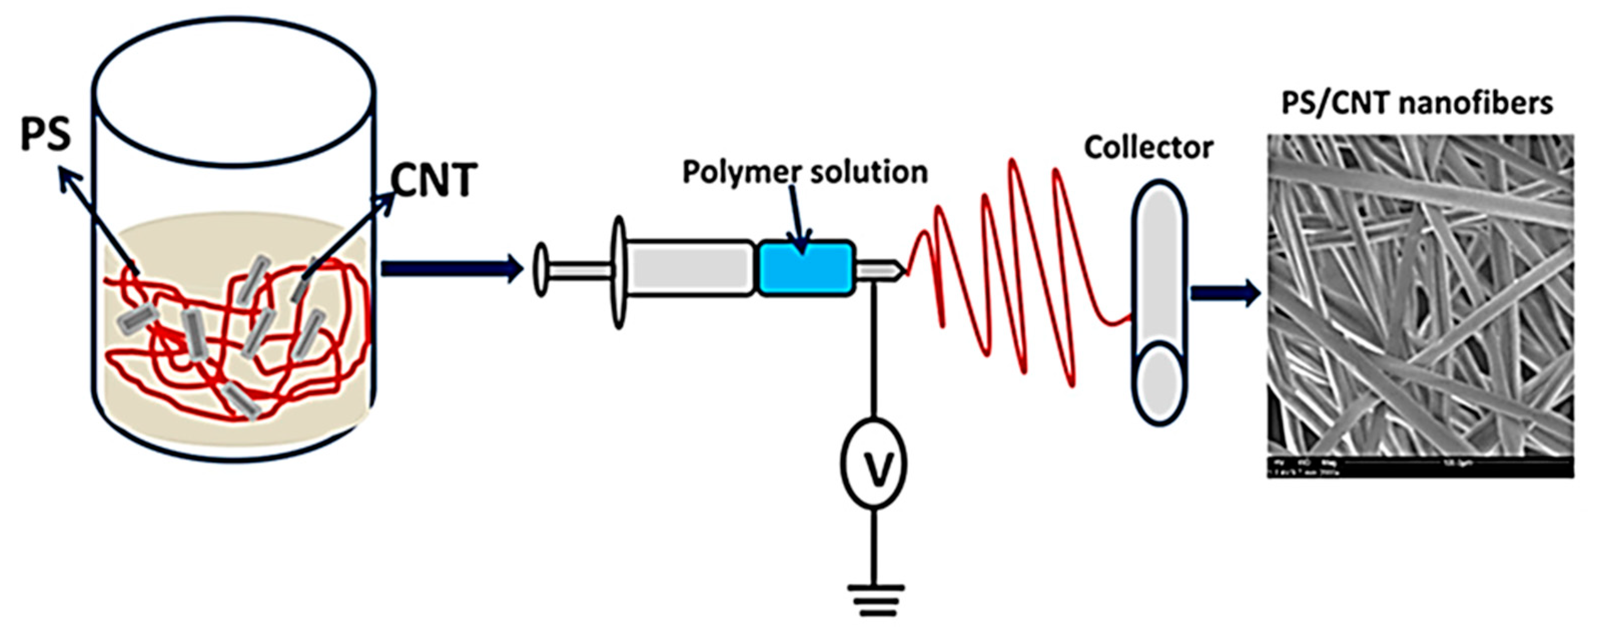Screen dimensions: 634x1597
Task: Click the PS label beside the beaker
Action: (45, 135)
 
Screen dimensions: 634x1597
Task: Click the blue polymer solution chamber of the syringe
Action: (806, 267)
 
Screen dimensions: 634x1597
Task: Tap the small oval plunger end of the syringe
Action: (541, 270)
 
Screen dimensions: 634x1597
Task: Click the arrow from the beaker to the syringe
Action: (453, 268)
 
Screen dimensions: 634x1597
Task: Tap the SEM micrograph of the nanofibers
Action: (1420, 291)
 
